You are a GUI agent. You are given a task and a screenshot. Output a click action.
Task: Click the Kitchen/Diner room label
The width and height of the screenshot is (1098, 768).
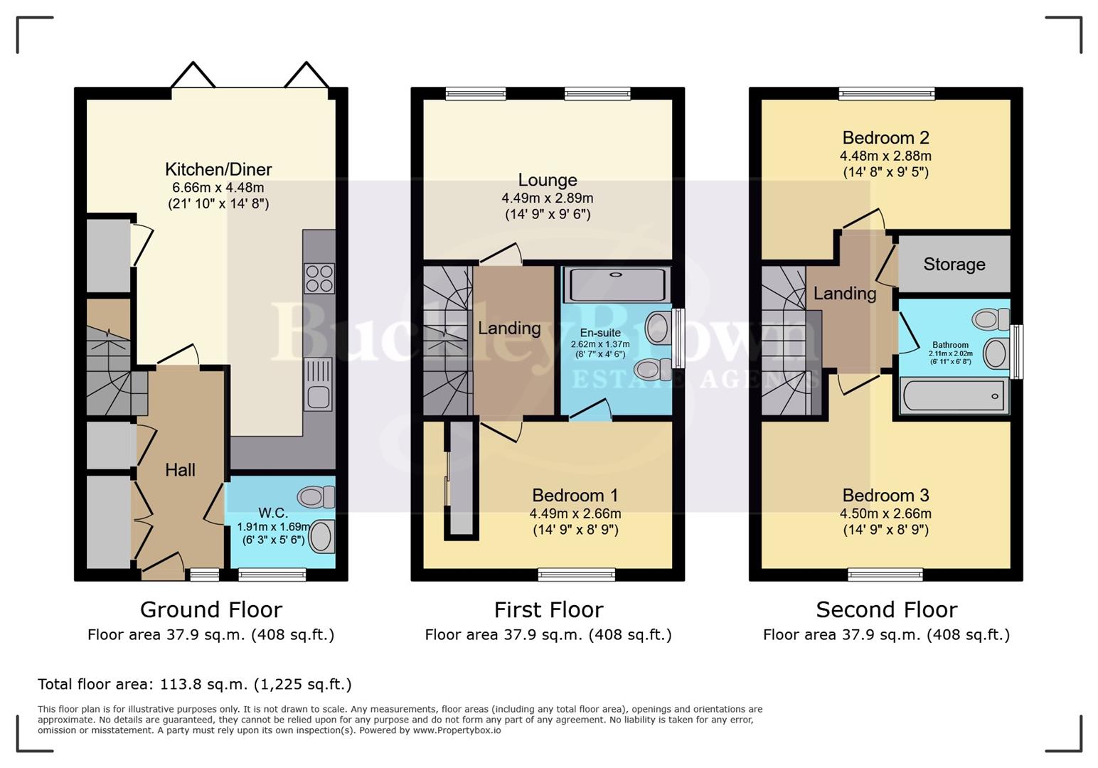[x=218, y=169]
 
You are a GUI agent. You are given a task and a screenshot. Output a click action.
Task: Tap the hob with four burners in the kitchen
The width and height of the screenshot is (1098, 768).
[x=319, y=278]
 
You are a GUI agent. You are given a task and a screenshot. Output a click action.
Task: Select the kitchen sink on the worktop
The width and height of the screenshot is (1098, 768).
[x=318, y=384]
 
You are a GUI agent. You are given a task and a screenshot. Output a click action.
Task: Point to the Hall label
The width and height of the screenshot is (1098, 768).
[x=180, y=470]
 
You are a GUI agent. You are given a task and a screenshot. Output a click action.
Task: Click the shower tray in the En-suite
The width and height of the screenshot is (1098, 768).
[x=617, y=284]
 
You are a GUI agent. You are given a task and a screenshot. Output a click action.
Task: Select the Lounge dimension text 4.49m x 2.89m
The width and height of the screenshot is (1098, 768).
[x=547, y=198]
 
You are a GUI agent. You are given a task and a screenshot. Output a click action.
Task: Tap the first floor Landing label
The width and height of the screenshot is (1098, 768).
[x=509, y=328]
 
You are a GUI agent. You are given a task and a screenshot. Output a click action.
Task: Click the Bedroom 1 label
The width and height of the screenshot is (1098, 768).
[x=575, y=496]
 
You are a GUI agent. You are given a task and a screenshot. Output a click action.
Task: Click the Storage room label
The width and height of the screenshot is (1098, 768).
[x=954, y=265]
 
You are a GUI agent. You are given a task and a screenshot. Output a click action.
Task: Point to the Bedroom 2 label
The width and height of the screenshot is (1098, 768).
[x=885, y=138]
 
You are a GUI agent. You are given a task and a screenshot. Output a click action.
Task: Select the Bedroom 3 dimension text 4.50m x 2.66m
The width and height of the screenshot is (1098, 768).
[x=885, y=513]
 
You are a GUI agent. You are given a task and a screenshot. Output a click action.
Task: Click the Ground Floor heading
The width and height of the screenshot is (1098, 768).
[x=211, y=610]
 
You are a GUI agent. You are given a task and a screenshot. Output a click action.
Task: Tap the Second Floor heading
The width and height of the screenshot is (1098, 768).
[x=886, y=610]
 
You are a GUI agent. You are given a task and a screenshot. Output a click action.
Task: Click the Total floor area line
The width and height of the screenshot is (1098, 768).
[x=194, y=684]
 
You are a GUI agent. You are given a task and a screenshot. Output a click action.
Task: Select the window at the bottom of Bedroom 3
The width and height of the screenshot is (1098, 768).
[x=885, y=575]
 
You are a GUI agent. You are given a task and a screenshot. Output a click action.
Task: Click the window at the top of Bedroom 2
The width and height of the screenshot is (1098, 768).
[x=886, y=93]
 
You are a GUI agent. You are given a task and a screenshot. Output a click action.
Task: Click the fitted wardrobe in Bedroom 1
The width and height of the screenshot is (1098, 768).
[x=462, y=480]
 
